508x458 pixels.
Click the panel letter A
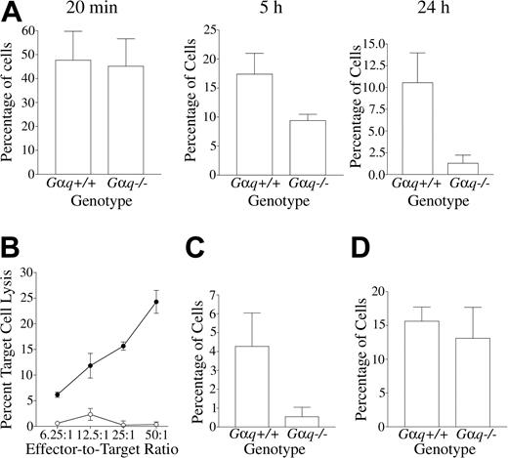(13, 14)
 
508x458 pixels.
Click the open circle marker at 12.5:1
(90, 414)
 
